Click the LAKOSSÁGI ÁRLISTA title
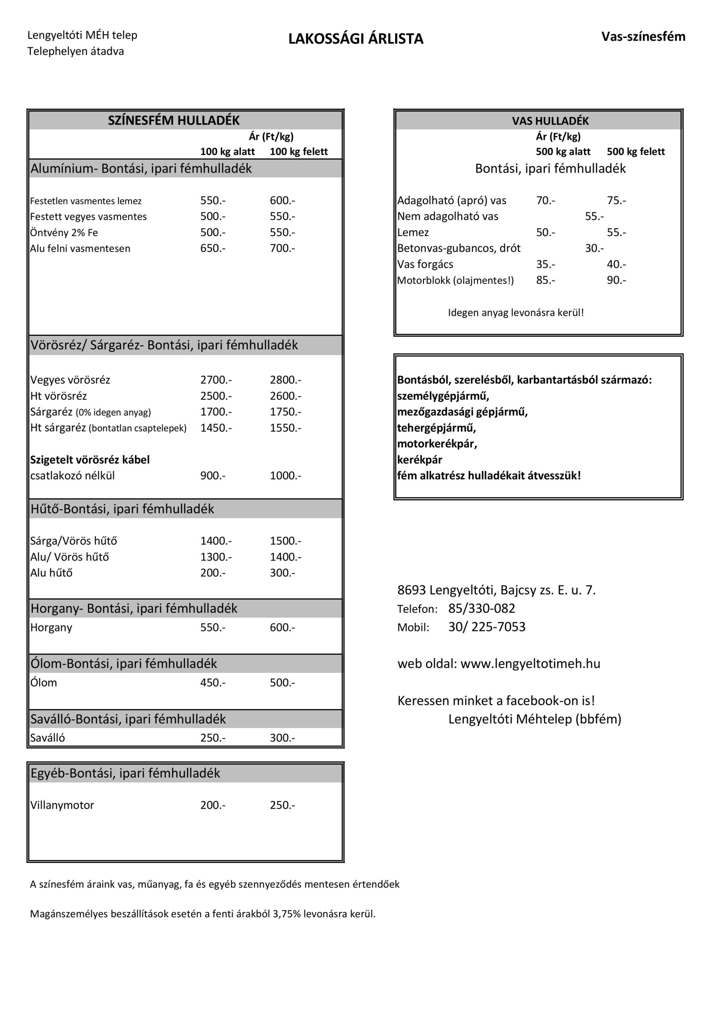coord(355,39)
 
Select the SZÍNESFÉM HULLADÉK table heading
coord(174,121)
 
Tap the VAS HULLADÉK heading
coord(550,121)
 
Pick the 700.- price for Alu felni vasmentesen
coord(282,248)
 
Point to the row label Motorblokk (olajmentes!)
coord(455,280)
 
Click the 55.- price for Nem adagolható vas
coord(594,216)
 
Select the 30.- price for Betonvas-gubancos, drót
coord(594,248)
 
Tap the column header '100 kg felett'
coord(299,152)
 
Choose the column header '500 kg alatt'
coord(563,152)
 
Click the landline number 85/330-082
coord(481,609)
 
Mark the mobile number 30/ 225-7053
coord(487,627)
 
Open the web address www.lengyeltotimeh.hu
coord(530,664)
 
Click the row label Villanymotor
coord(62,806)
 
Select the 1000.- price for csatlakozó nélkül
coord(285,476)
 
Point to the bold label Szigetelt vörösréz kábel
coord(90,460)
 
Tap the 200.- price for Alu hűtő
coord(213,573)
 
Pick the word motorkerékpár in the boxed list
coord(437,444)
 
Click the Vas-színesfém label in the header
coord(643,37)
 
